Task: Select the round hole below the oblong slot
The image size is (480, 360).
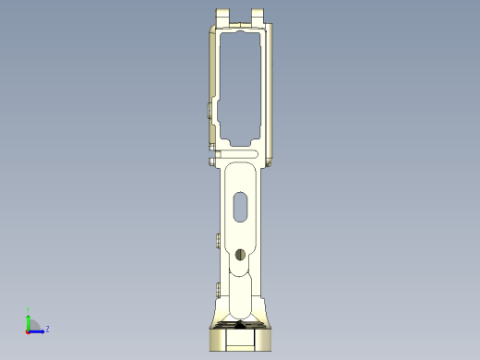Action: [240, 254]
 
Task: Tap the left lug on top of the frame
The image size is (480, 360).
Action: [222, 17]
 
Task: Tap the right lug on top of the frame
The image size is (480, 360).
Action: [259, 17]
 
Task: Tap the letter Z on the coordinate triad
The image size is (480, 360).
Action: [47, 329]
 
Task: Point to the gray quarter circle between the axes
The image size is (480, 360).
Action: [32, 326]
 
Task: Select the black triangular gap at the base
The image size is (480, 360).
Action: [240, 324]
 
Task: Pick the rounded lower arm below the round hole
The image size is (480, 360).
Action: [240, 295]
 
